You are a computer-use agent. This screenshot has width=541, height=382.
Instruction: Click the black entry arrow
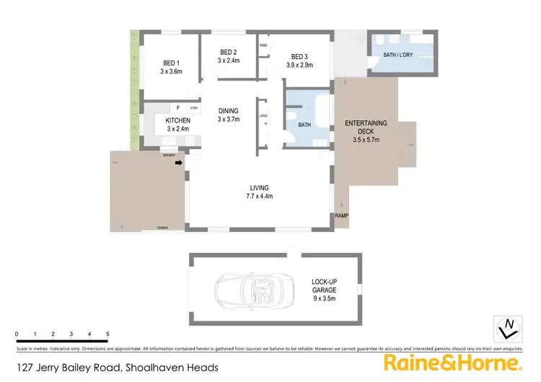point(178,163)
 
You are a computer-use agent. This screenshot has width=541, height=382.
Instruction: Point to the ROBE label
point(263,45)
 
